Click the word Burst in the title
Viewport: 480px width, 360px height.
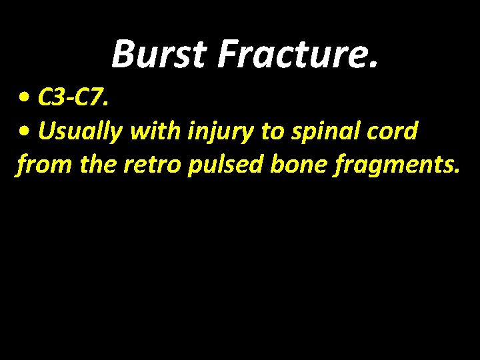tap(159, 54)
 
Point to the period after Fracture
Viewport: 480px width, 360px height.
tap(372, 65)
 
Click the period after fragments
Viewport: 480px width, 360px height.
tap(456, 172)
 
